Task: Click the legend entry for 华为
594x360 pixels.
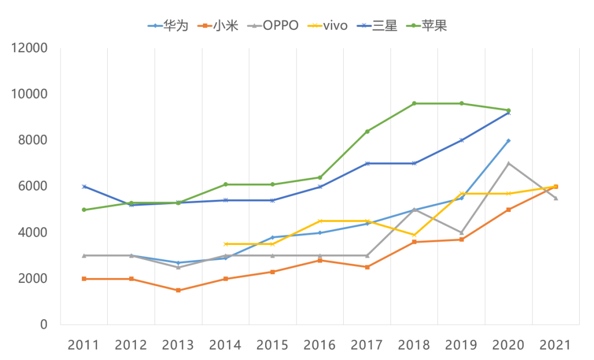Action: pos(168,25)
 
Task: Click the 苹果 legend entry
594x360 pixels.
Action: pos(426,25)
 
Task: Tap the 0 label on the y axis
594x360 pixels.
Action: pos(43,325)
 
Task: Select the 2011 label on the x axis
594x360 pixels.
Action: pos(84,345)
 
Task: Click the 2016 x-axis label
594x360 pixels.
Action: pos(320,345)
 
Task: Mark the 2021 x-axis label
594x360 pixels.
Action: pos(556,345)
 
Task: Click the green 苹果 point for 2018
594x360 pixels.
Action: pos(414,103)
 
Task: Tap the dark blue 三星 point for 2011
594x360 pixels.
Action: pos(84,187)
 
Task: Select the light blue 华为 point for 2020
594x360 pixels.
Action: pos(509,141)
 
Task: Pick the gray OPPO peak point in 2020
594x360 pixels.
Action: pos(509,163)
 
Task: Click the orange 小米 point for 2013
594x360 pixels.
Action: pos(178,290)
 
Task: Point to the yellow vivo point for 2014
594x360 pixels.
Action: pos(226,244)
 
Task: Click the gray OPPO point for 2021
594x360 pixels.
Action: pos(556,198)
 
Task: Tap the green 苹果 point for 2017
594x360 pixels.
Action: pos(367,132)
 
